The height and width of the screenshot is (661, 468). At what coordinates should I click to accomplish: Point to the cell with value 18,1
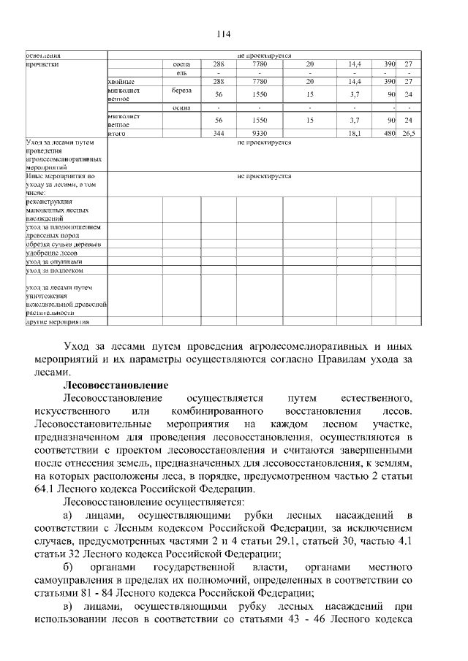tap(355, 134)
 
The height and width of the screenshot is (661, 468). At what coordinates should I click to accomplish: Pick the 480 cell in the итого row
tap(390, 134)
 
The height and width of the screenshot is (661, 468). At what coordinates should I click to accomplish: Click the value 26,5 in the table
tap(409, 134)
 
